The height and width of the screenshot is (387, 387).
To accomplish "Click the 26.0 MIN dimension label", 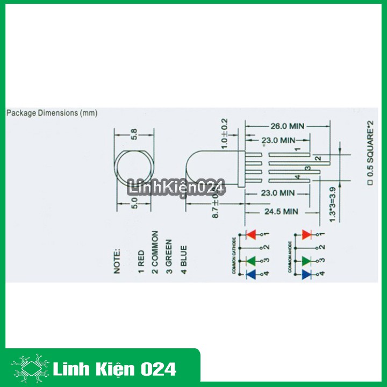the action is pyautogui.click(x=286, y=126).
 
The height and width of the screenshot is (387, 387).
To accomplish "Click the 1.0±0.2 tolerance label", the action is pyautogui.click(x=225, y=133).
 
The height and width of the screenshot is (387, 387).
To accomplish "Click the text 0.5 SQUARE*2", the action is pyautogui.click(x=370, y=153).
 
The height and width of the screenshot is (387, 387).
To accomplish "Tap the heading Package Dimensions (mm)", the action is pyautogui.click(x=52, y=113).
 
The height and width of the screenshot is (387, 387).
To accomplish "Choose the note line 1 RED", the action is pyautogui.click(x=141, y=260).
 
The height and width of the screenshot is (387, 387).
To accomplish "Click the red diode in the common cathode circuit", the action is pyautogui.click(x=250, y=234).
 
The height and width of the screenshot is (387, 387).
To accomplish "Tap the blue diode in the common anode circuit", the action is pyautogui.click(x=306, y=274).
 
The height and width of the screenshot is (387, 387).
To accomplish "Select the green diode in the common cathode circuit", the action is pyautogui.click(x=250, y=261).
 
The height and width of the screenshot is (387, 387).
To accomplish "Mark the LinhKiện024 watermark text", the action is pyautogui.click(x=176, y=188).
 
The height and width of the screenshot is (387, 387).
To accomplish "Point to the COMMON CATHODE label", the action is pyautogui.click(x=234, y=255).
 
